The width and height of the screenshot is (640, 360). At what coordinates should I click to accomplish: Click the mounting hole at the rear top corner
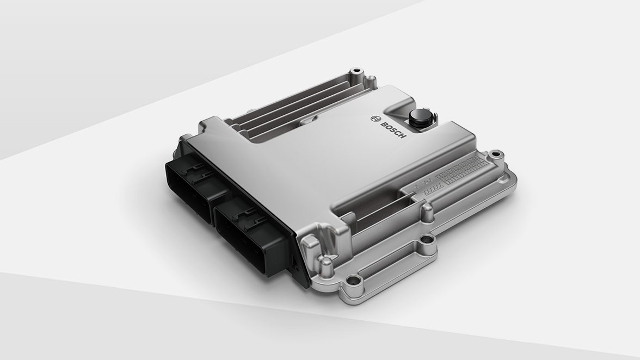[x=356, y=71]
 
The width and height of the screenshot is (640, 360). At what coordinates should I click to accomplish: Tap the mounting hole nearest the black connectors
[x=354, y=281]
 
